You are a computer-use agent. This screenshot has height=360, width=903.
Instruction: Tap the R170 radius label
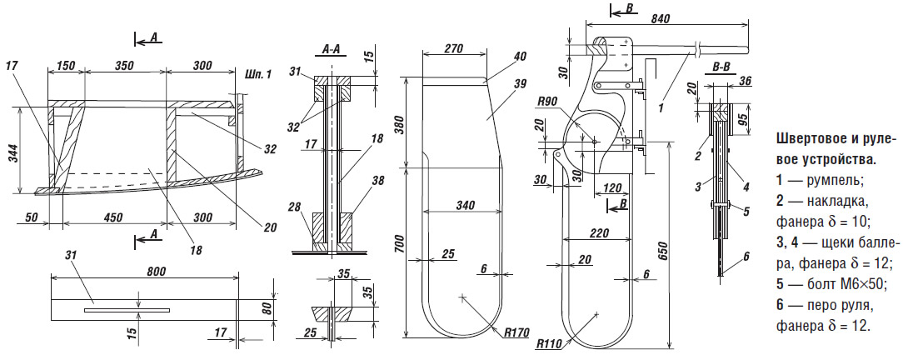(517, 333)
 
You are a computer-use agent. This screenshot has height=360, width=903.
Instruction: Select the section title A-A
(331, 50)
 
